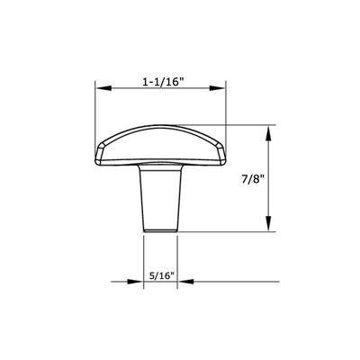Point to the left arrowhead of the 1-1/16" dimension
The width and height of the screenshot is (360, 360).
point(101,89)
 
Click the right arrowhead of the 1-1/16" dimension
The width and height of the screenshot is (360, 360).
point(220,89)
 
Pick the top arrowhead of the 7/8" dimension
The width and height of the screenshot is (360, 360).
point(267,130)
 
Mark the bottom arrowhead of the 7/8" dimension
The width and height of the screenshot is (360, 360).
point(267,227)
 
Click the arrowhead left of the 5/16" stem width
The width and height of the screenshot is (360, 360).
point(138,281)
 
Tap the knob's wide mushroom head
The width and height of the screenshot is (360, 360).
point(160,144)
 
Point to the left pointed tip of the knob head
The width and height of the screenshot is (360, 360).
point(98,155)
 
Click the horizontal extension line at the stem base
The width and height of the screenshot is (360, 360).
point(225,232)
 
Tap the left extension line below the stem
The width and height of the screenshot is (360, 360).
point(144,261)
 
